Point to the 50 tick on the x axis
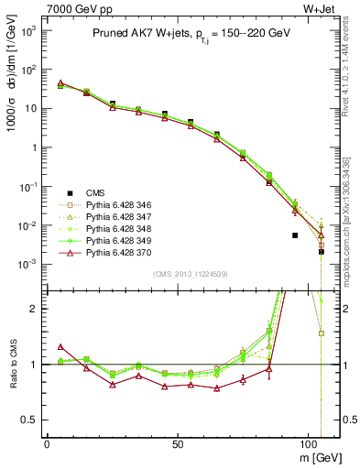coord(180,442)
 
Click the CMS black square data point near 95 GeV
coord(295,235)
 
